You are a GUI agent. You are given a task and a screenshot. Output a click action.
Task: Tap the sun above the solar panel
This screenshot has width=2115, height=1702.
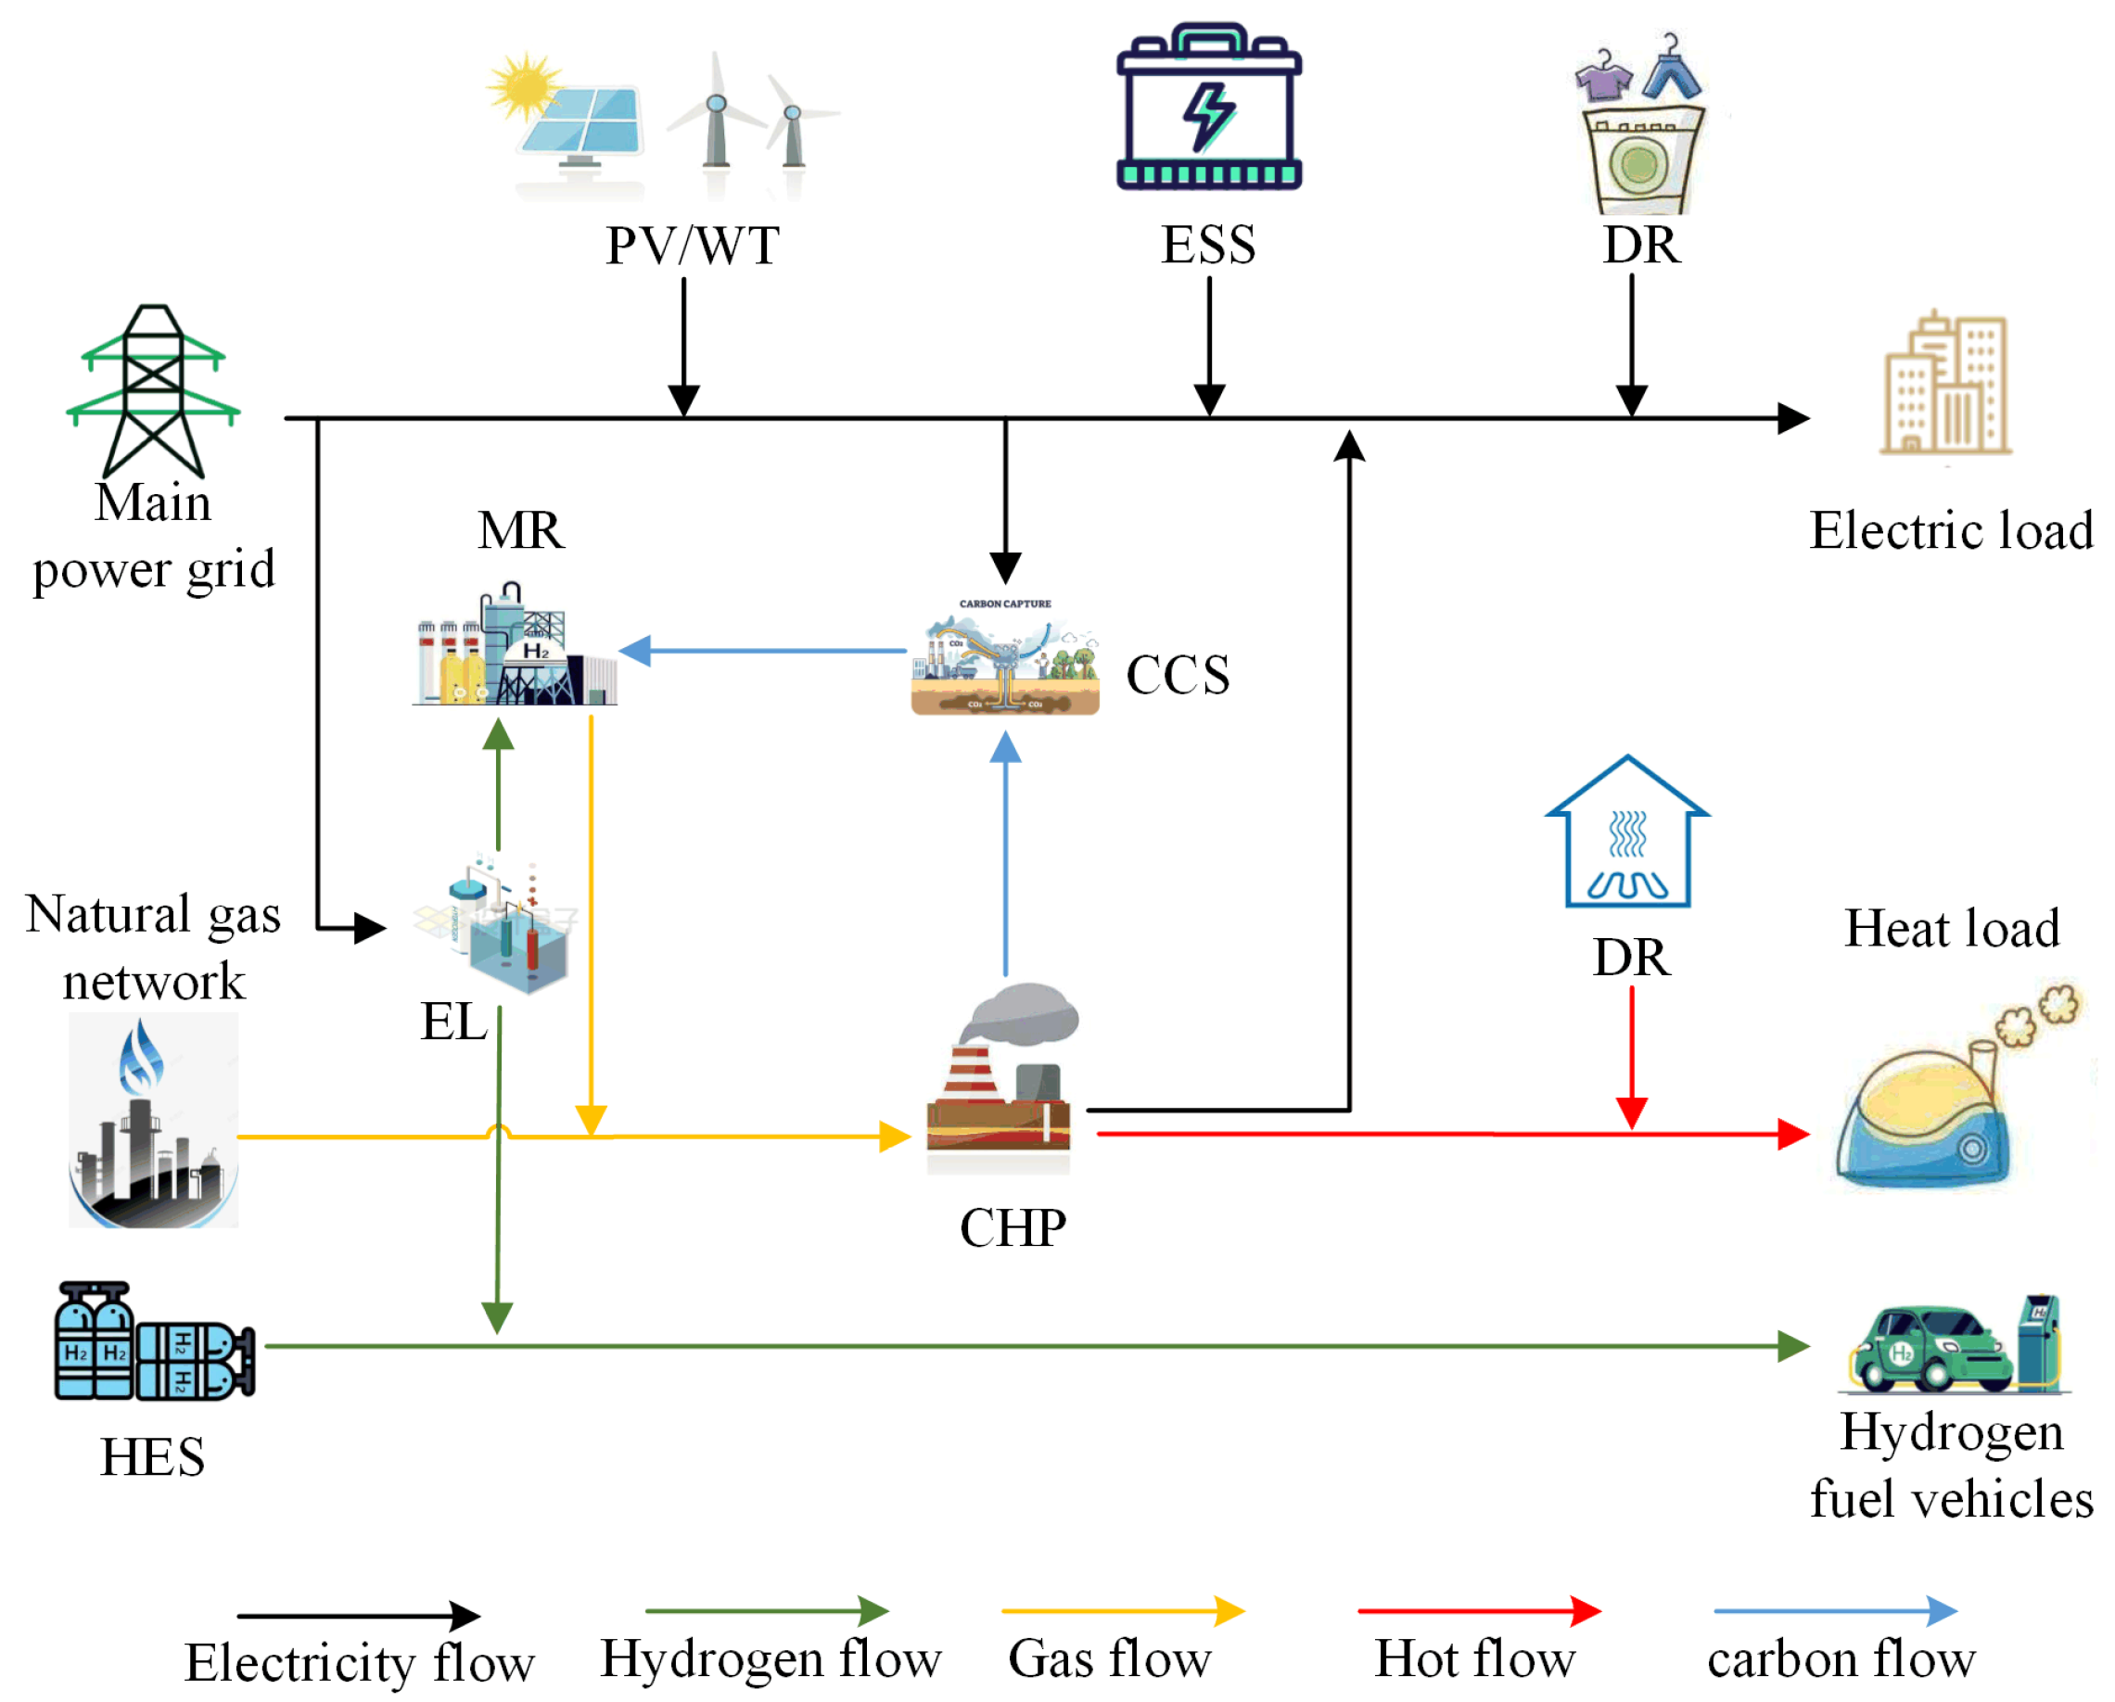525,85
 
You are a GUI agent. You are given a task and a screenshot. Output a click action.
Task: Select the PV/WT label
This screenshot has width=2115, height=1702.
693,246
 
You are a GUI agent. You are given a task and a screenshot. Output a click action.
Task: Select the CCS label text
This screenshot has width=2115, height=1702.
1178,675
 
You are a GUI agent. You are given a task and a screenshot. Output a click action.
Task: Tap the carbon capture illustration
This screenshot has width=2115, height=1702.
1004,655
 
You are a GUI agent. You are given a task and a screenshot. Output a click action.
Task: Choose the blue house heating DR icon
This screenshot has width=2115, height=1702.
1627,832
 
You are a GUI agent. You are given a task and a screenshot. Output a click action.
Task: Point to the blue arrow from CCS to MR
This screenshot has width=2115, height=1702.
765,651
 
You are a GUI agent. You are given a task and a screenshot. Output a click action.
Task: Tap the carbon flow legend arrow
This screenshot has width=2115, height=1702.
1834,1611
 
